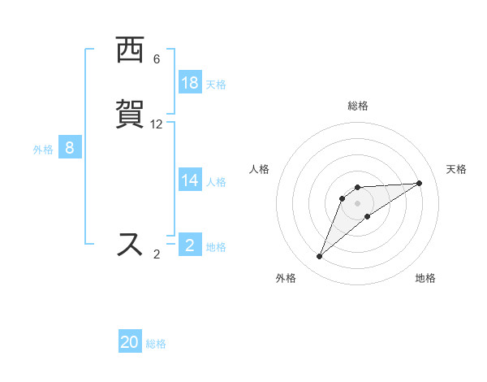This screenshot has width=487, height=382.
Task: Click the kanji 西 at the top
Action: tap(130, 51)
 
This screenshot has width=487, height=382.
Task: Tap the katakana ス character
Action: tap(130, 244)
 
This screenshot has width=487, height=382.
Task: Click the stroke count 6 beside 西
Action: tap(157, 59)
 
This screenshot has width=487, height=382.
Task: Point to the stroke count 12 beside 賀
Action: tap(157, 124)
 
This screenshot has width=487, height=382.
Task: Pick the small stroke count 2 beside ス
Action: tap(157, 254)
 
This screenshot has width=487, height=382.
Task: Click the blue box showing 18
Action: tap(190, 83)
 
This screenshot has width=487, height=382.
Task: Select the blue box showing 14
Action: tap(190, 180)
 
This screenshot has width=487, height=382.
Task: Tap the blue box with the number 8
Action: tap(70, 148)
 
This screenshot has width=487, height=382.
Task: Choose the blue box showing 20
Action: tap(130, 342)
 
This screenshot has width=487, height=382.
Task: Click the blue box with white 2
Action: tap(190, 245)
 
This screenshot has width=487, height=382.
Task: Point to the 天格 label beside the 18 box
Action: tap(216, 85)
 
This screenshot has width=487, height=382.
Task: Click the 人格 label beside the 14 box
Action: tap(216, 182)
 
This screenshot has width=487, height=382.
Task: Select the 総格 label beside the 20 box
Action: tap(156, 344)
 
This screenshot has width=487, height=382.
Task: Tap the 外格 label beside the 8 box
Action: tap(43, 150)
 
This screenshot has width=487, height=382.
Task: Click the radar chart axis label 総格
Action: tap(358, 106)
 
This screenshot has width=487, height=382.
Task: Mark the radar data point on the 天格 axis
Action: tap(420, 183)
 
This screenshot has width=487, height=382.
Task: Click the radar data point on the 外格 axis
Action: tap(320, 257)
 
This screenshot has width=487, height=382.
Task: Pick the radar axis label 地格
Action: tap(425, 279)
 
